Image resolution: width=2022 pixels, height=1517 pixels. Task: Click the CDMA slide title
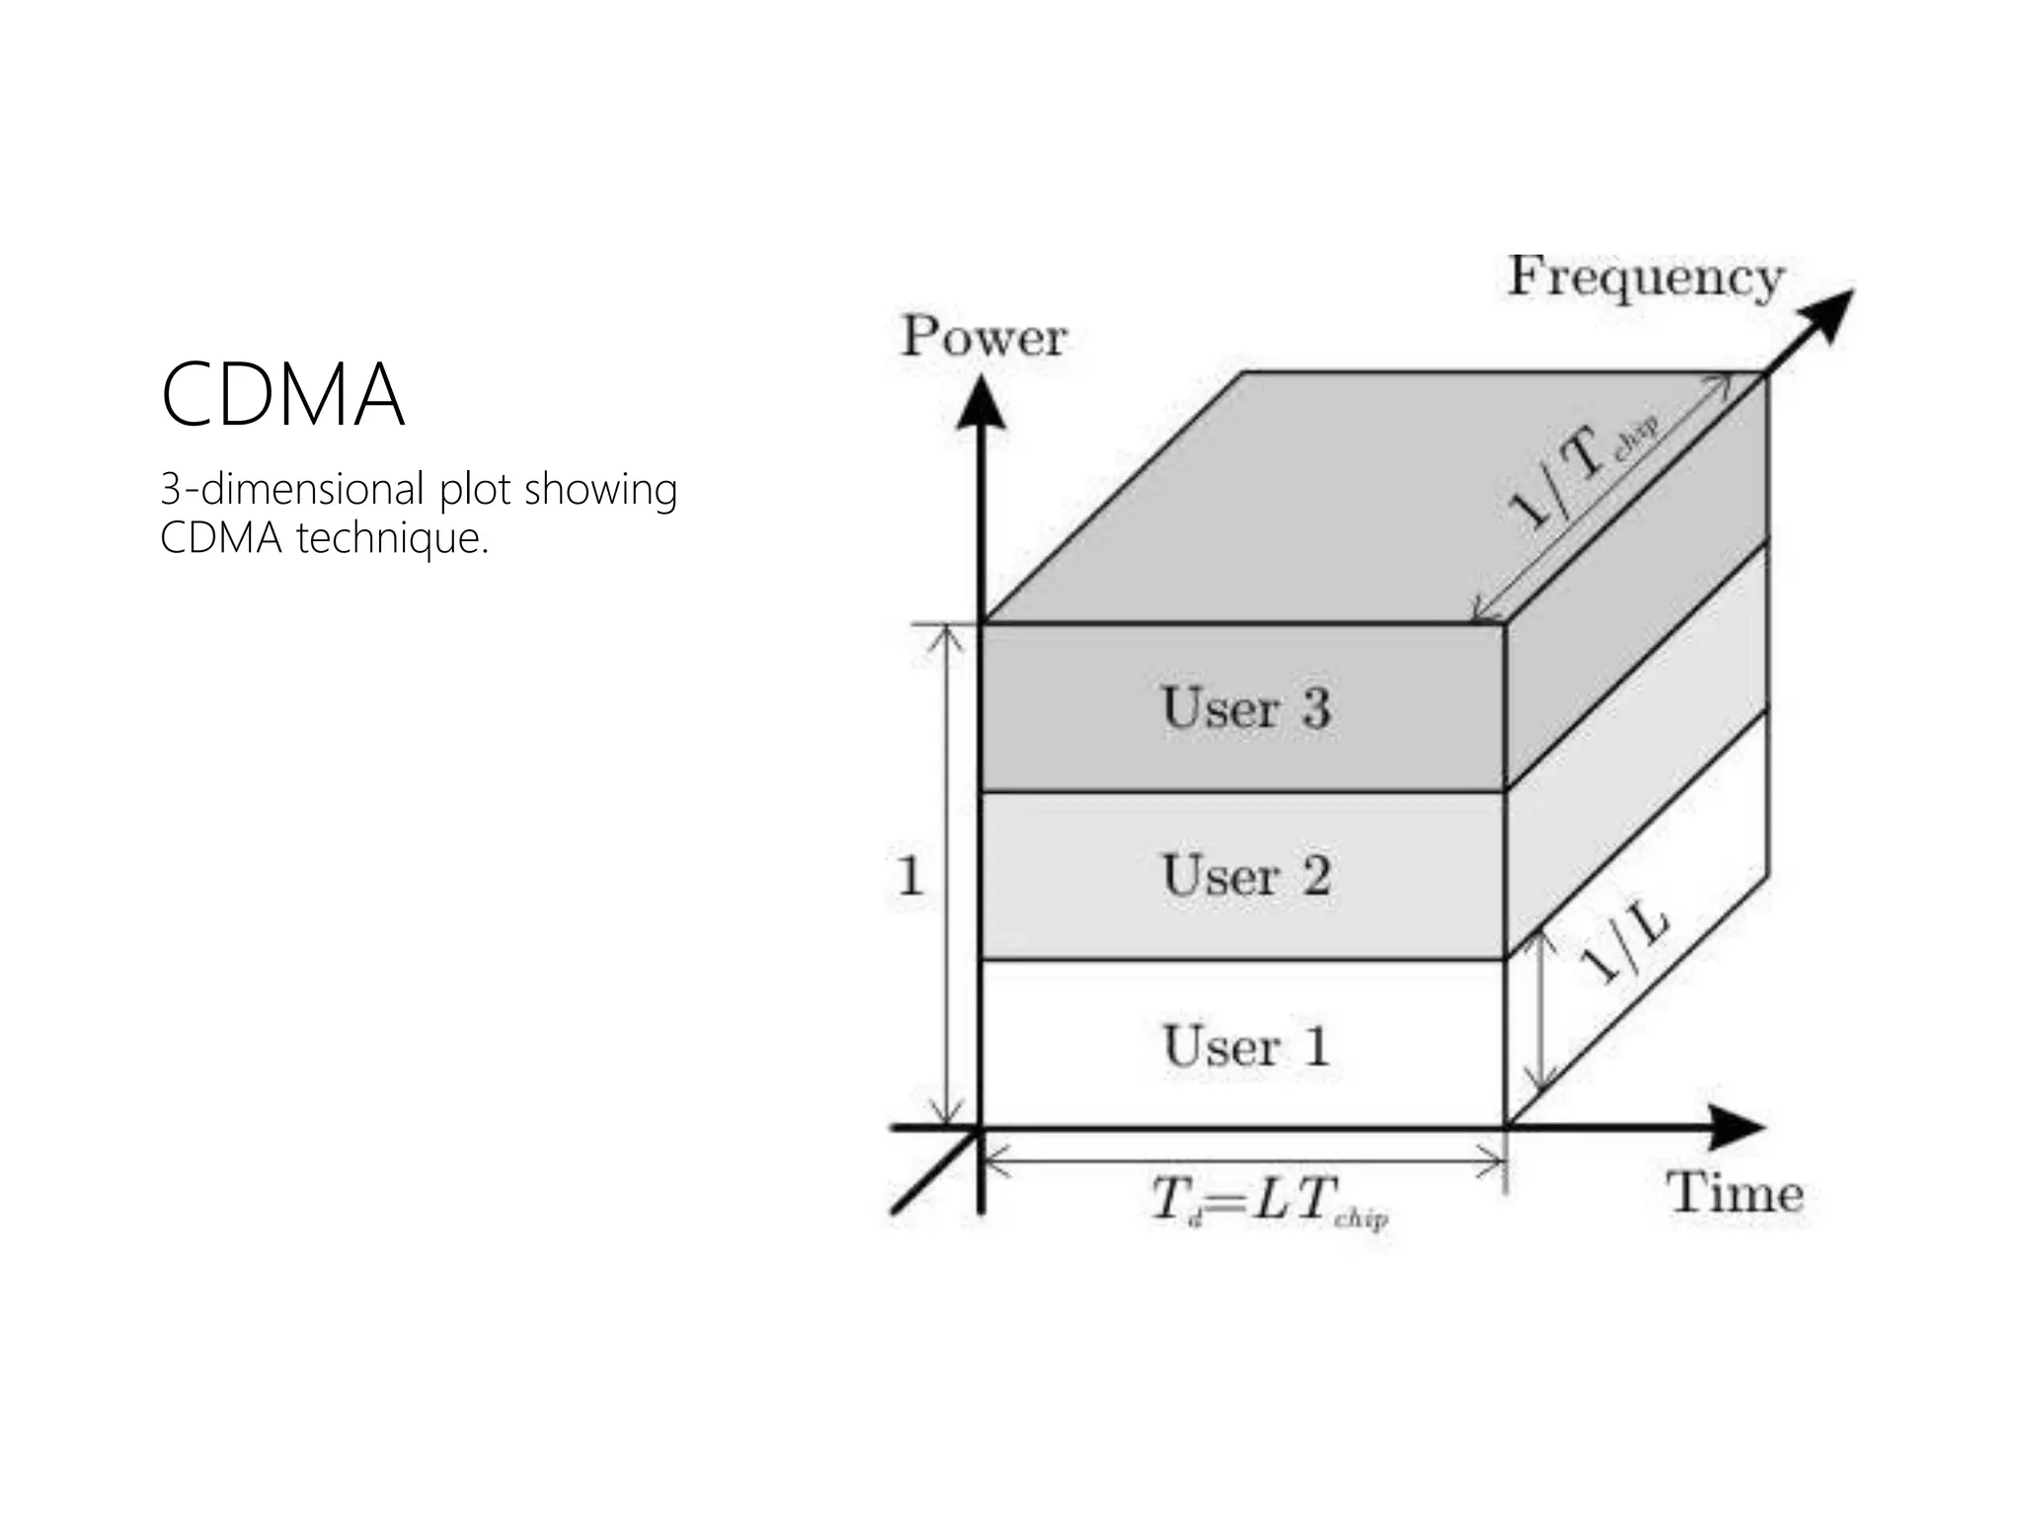coord(283,395)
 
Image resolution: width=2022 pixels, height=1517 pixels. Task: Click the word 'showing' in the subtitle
coord(600,490)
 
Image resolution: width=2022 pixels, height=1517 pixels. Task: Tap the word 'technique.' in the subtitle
coord(392,538)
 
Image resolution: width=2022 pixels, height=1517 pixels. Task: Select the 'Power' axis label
coord(983,337)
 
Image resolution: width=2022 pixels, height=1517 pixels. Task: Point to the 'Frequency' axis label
coord(1646,278)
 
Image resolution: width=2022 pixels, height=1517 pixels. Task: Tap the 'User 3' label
coord(1246,708)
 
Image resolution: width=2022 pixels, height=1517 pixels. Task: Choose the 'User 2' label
coord(1246,876)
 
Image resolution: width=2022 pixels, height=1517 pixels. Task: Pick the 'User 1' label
coord(1246,1046)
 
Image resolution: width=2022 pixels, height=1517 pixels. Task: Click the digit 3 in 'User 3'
coord(1315,708)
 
